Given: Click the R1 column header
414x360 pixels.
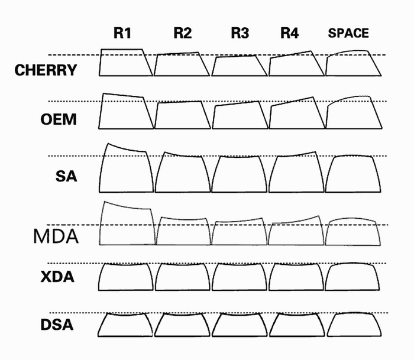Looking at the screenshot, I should coord(122,33).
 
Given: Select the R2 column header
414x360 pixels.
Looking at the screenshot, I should coord(182,33).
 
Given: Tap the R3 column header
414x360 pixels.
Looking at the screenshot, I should coord(239,33).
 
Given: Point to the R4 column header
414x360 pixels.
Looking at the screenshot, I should coord(289,33).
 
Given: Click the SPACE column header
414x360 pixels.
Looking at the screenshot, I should coord(348,34).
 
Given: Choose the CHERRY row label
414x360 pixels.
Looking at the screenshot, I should coord(46,70).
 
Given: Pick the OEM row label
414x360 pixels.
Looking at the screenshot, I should coord(59,119).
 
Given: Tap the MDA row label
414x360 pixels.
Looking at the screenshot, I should coord(56,236).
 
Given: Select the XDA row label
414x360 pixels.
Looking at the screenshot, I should coord(57,276).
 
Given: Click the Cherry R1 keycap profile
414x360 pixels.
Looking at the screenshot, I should coord(125,63).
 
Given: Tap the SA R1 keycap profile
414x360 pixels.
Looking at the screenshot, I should coord(125,168).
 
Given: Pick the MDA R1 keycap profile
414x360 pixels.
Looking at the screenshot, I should coord(127,224).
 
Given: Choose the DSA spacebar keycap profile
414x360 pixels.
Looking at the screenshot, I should coord(353,324).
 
